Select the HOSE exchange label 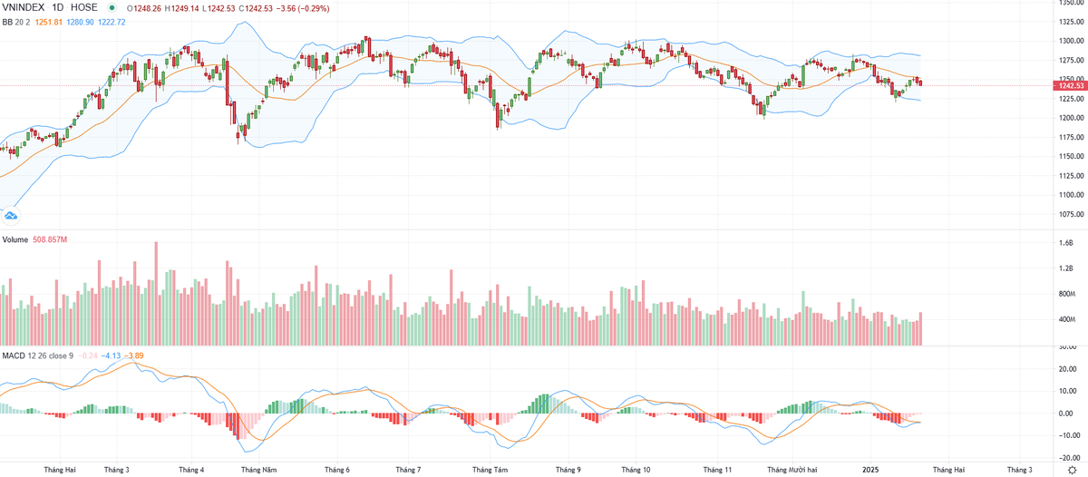pos(83,6)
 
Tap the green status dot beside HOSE pos(112,7)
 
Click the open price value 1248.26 pos(149,7)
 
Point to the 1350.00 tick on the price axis pos(1071,3)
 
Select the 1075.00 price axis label pos(1071,215)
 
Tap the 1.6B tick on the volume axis pos(1066,243)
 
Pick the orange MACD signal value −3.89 pos(134,355)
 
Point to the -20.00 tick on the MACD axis pos(1068,458)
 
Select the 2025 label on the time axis pos(870,470)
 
